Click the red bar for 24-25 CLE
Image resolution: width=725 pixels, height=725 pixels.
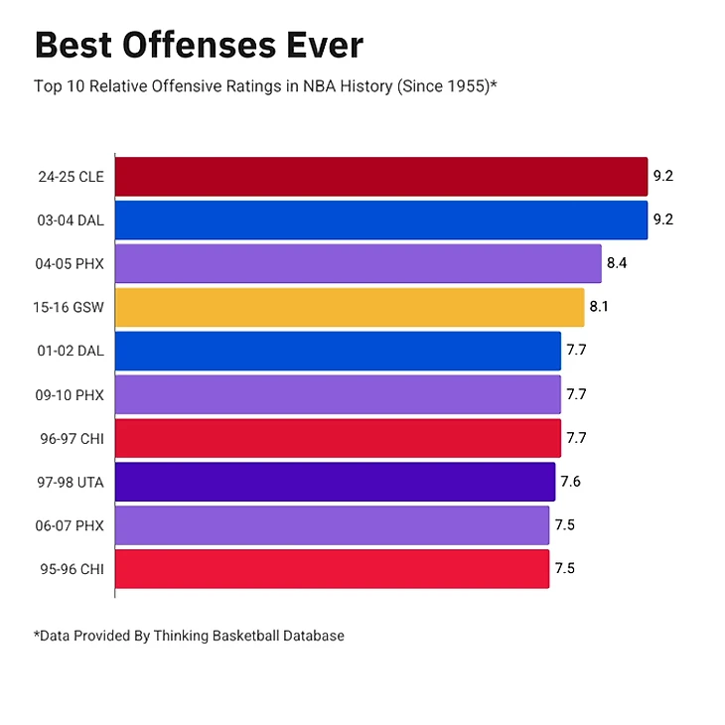pos(380,177)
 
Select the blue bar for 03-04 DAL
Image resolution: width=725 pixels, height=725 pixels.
pos(380,219)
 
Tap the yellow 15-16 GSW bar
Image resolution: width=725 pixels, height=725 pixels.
pos(349,307)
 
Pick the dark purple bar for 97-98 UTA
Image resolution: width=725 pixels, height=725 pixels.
pos(335,482)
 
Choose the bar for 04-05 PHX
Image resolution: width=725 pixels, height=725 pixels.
pos(358,263)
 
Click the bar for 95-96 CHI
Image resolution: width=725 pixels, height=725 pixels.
pos(332,569)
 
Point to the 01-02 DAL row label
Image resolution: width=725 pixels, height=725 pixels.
pos(71,352)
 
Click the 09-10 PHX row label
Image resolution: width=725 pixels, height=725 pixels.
pos(71,395)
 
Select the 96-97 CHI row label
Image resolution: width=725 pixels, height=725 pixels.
pos(71,439)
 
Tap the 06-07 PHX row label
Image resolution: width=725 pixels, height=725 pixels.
pos(71,525)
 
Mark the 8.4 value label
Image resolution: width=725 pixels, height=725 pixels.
pos(617,264)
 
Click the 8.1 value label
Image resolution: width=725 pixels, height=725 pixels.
pos(599,308)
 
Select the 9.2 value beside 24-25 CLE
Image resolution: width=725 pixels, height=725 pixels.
pos(662,177)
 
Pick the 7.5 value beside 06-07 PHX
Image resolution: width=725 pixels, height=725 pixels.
pos(564,525)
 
